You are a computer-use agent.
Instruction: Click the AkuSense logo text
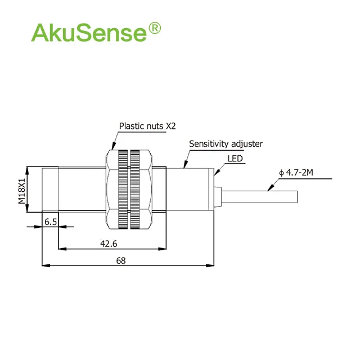point(89,33)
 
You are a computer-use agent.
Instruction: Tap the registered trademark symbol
point(155,28)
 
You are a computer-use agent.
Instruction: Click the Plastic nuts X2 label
point(147,126)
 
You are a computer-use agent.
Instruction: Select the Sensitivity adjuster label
point(226,144)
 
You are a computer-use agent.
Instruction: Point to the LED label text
point(235,159)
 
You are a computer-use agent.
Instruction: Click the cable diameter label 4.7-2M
point(296,173)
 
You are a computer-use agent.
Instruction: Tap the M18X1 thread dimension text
point(22,191)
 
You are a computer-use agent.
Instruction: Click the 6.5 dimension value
point(51,222)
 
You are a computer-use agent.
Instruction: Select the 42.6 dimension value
point(109,244)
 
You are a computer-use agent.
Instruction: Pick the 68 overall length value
point(121,260)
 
